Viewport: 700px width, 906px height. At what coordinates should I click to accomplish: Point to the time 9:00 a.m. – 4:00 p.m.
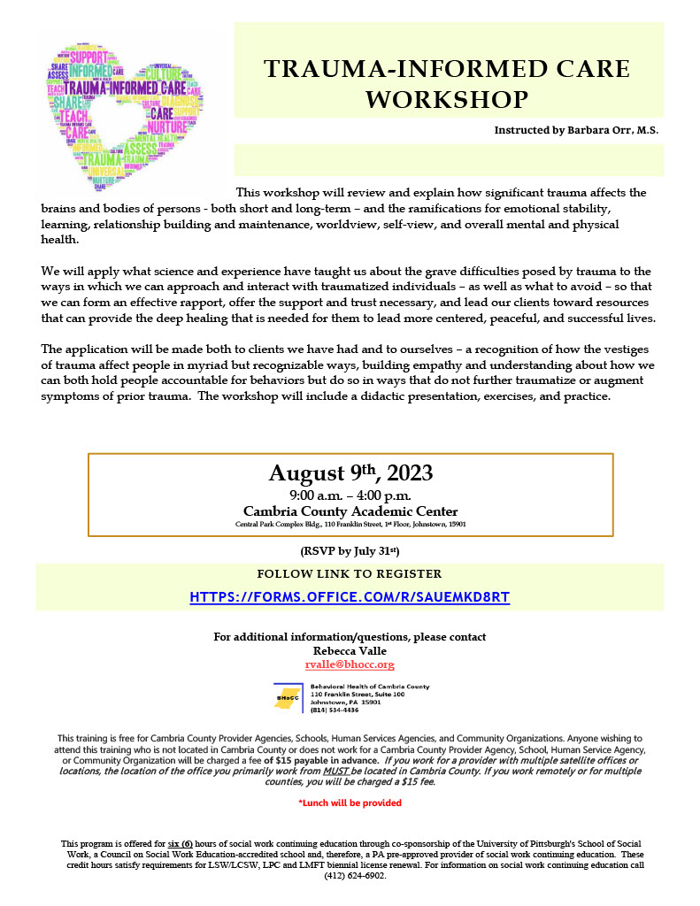click(x=350, y=495)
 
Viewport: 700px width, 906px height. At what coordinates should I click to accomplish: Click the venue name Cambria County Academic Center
click(x=350, y=511)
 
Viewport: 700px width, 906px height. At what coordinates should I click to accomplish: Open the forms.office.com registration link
click(x=350, y=597)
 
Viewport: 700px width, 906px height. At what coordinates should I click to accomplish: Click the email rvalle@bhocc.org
click(x=350, y=664)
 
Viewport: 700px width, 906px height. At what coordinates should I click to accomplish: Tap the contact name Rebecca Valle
click(x=350, y=650)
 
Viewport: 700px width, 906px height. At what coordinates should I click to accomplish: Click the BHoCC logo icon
click(x=288, y=697)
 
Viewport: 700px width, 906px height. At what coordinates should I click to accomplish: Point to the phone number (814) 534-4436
click(x=335, y=710)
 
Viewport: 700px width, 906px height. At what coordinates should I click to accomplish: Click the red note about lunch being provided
click(x=350, y=802)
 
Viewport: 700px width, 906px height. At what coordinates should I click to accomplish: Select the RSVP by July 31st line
click(x=350, y=552)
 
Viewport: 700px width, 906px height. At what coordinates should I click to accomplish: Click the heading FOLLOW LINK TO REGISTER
click(x=350, y=574)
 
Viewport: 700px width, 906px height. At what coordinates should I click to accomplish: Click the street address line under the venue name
click(x=350, y=524)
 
